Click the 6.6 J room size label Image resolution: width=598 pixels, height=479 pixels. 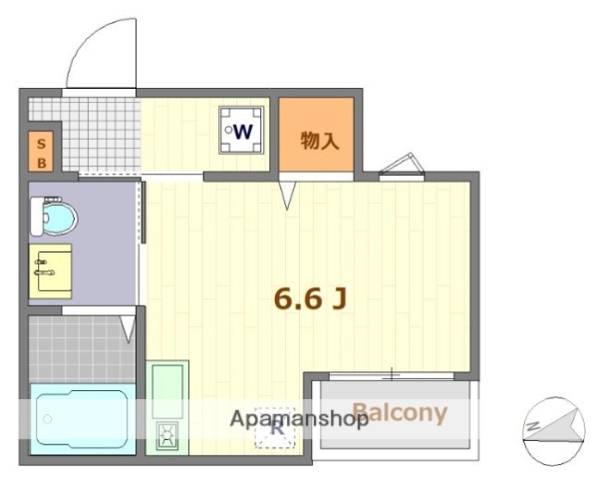pos(310,296)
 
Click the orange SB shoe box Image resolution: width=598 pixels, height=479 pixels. pos(42,149)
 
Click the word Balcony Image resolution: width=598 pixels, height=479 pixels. pos(400,413)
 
